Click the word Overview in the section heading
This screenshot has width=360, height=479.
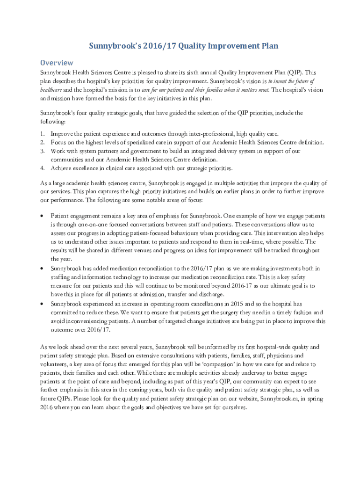click(57, 63)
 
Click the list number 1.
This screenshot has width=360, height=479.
click(42, 134)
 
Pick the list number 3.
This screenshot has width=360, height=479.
click(42, 151)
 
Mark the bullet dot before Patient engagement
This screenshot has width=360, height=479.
click(43, 216)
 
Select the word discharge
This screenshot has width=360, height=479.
click(211, 294)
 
